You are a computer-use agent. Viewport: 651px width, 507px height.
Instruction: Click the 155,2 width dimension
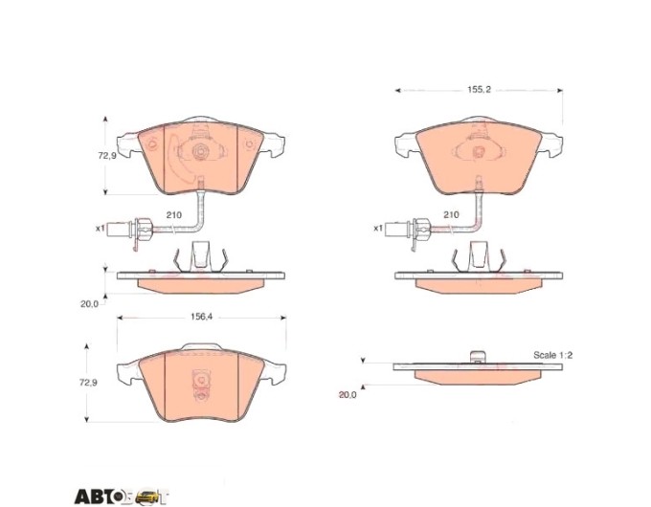pyautogui.click(x=479, y=90)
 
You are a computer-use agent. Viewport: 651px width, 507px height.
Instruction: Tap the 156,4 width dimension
pyautogui.click(x=201, y=317)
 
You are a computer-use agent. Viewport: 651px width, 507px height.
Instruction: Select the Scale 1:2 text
pyautogui.click(x=552, y=355)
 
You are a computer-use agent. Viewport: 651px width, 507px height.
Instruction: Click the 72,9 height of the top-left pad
pyautogui.click(x=106, y=156)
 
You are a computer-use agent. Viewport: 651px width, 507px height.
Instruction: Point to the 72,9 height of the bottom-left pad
pyautogui.click(x=88, y=383)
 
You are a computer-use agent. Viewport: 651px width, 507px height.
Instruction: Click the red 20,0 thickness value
pyautogui.click(x=348, y=395)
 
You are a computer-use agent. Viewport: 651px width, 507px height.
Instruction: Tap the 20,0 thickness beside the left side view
pyautogui.click(x=89, y=303)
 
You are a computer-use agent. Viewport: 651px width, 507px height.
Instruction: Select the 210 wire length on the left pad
pyautogui.click(x=174, y=215)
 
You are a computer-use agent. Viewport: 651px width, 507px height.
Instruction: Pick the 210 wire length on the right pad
pyautogui.click(x=451, y=214)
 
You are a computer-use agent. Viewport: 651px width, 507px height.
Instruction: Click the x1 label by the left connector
pyautogui.click(x=101, y=229)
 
